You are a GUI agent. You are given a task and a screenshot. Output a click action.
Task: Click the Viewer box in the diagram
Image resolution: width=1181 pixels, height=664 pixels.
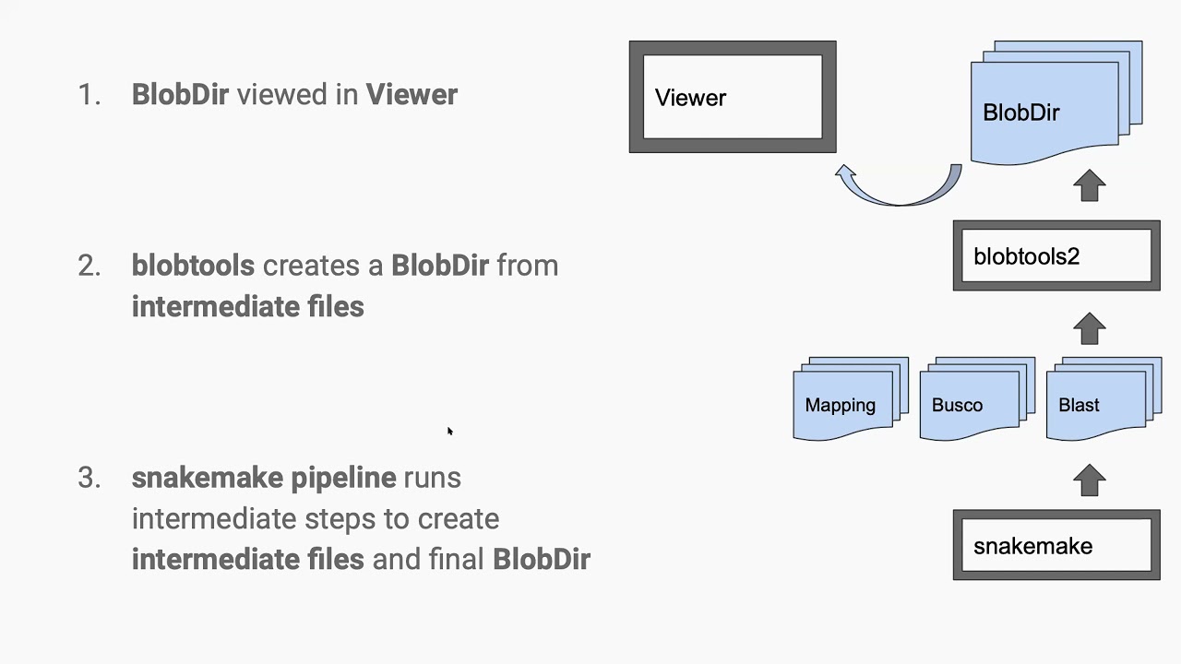pyautogui.click(x=732, y=97)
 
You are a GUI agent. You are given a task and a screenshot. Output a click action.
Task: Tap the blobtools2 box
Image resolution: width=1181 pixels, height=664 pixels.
pyautogui.click(x=1056, y=256)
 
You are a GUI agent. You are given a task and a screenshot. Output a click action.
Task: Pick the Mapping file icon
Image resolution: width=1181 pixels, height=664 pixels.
pyautogui.click(x=844, y=402)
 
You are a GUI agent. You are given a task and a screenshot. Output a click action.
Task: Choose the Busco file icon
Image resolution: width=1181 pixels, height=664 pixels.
pyautogui.click(x=972, y=402)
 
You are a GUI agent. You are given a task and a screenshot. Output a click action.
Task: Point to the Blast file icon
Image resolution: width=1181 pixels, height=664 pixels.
pyautogui.click(x=1098, y=402)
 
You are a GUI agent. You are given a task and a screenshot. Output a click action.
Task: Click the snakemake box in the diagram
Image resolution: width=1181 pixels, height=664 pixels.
pyautogui.click(x=1056, y=546)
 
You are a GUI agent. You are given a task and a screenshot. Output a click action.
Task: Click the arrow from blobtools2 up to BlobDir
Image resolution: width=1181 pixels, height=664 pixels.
pyautogui.click(x=1090, y=185)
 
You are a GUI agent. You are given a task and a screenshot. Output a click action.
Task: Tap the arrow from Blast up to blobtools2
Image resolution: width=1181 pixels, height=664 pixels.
pyautogui.click(x=1090, y=329)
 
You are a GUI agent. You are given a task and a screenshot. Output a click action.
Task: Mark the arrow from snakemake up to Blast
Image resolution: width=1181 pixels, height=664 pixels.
pyautogui.click(x=1090, y=480)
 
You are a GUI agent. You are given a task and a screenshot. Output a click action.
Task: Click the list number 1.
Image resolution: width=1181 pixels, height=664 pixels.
pyautogui.click(x=89, y=95)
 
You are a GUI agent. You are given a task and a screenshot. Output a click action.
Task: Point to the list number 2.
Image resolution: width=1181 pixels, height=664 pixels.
pyautogui.click(x=89, y=267)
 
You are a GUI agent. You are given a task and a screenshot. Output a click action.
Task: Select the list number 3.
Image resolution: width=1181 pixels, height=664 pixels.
pyautogui.click(x=89, y=478)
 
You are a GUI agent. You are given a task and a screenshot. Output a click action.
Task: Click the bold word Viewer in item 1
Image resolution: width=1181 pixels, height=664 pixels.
pyautogui.click(x=412, y=95)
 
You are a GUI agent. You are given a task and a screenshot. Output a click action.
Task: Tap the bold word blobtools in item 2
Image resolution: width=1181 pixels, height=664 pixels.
pyautogui.click(x=193, y=266)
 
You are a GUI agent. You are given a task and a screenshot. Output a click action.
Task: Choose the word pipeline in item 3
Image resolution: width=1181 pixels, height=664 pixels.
pyautogui.click(x=343, y=478)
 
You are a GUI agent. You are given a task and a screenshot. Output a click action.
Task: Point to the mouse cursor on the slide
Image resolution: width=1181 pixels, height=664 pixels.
pyautogui.click(x=449, y=431)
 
